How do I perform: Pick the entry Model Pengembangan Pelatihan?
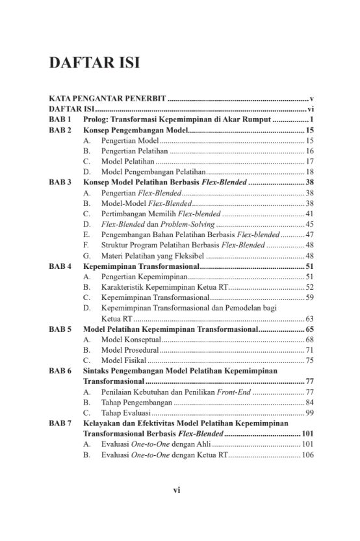(153, 171)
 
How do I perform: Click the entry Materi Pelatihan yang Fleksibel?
(153, 256)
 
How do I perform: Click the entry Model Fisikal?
(124, 360)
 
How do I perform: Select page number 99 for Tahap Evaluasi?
(310, 412)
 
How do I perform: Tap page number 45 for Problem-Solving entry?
(310, 224)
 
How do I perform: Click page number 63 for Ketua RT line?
(310, 318)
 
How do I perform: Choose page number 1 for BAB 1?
(312, 120)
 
